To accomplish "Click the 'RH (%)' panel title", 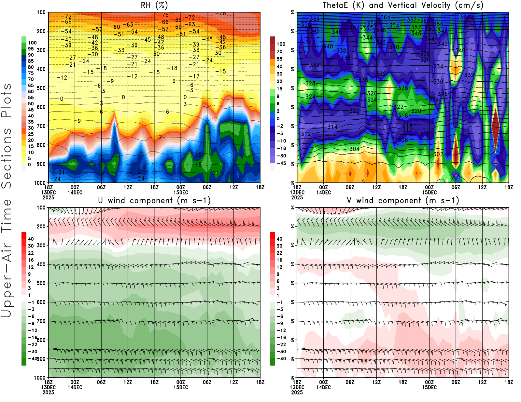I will coord(154,5).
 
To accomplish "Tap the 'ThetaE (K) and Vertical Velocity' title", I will coord(403,5).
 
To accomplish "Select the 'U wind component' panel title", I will coord(154,200).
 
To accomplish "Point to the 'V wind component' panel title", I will coord(403,200).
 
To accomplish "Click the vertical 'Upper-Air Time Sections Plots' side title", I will coord(7,201).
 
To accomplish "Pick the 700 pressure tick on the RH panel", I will coord(41,126).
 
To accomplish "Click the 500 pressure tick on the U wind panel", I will coord(41,283).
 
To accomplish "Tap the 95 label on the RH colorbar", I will coord(31,49).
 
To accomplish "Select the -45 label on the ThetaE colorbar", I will coord(281,163).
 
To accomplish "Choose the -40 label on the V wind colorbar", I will coord(281,359).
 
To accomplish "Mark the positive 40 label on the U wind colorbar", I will coord(31,239).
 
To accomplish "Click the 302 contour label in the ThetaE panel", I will coord(438,154).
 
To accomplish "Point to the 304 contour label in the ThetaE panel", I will coord(355,149).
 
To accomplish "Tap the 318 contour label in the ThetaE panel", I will coord(403,115).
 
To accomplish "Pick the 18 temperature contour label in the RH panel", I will coord(198,165).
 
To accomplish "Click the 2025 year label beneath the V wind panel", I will coord(297,392).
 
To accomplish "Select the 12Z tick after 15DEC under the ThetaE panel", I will coord(482,187).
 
